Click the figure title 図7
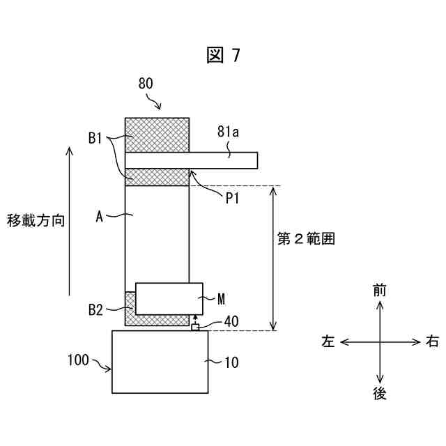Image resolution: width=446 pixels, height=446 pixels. (223, 56)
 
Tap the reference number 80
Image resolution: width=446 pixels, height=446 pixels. (146, 84)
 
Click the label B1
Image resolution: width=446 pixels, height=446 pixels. (97, 139)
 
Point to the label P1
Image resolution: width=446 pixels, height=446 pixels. (232, 199)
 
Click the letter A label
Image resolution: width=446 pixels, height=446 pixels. (99, 217)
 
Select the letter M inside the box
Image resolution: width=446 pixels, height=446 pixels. (221, 299)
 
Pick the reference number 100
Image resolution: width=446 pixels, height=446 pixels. (78, 360)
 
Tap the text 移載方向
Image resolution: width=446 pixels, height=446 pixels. (36, 221)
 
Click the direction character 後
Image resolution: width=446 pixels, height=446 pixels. (379, 394)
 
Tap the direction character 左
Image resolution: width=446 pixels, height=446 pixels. (328, 342)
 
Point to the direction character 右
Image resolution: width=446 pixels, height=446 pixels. (432, 342)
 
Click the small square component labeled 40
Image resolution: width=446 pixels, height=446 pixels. (195, 327)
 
